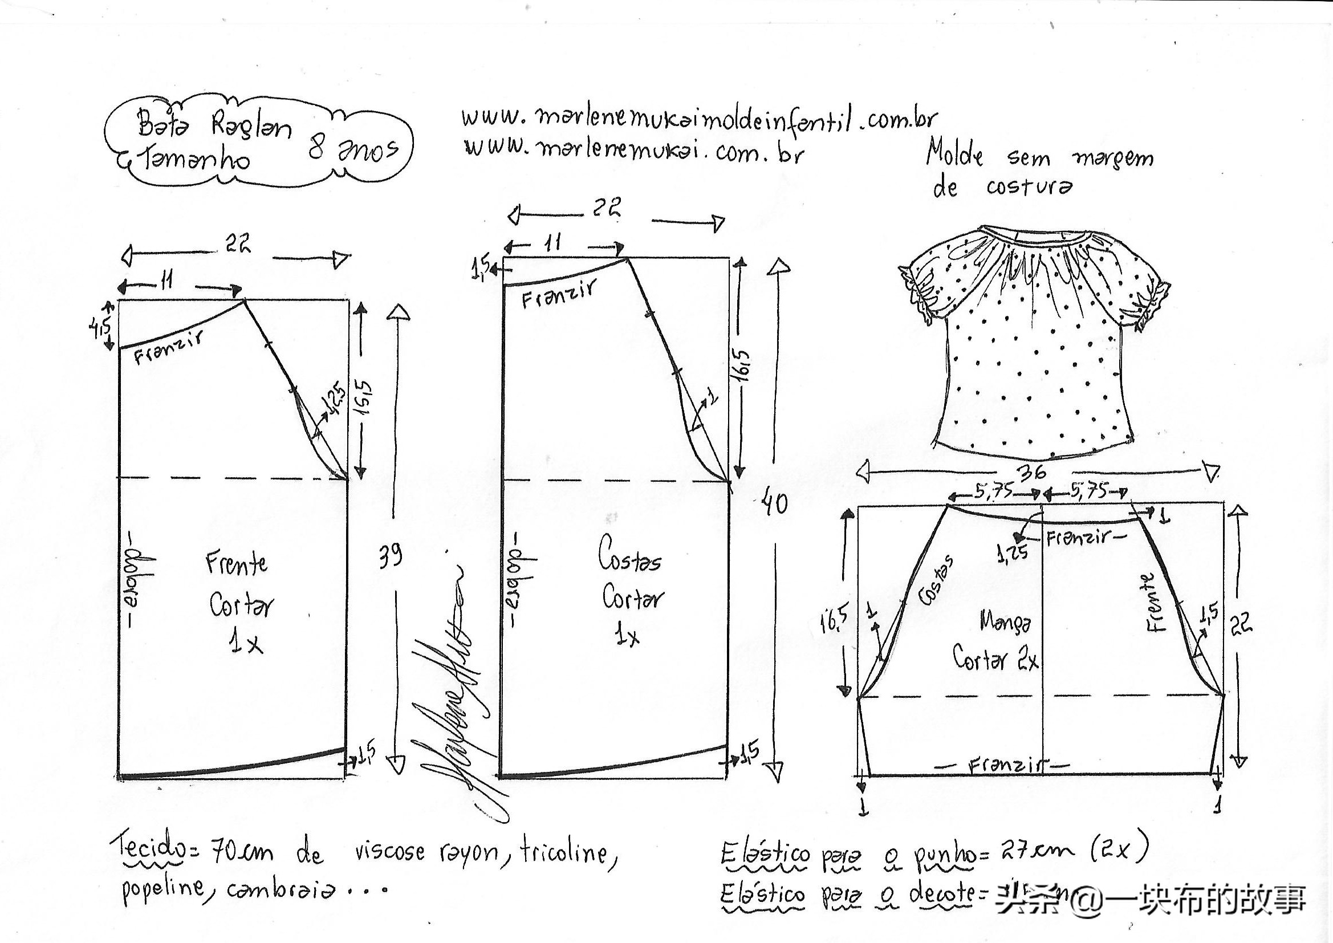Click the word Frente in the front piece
[x=236, y=563]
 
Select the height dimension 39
[x=389, y=556]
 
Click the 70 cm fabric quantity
[x=241, y=852]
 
